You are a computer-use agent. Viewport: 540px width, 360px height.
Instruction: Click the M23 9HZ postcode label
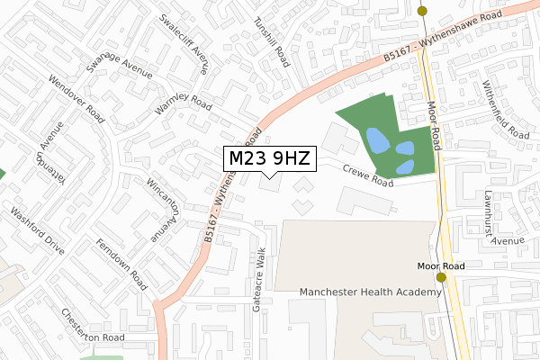(x=269, y=159)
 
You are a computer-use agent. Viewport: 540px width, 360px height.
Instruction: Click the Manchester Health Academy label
(x=370, y=292)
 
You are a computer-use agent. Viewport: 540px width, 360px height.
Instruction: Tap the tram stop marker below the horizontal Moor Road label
(x=441, y=278)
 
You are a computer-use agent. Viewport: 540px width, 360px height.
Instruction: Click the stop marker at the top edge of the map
(x=422, y=11)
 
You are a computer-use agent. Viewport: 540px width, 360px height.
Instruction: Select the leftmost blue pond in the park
(x=377, y=140)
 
